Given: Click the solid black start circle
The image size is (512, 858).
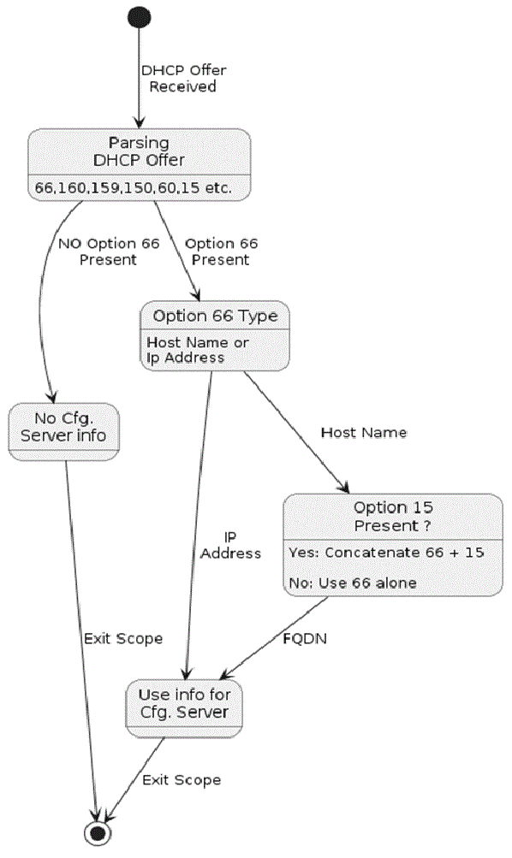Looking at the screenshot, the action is [139, 17].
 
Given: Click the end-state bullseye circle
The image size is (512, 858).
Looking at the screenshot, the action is [98, 833].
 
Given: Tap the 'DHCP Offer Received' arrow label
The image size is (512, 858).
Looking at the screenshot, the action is [183, 78].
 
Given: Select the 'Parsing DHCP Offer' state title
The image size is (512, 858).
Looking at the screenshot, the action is [139, 151].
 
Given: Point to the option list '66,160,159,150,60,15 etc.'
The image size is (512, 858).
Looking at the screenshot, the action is [134, 187].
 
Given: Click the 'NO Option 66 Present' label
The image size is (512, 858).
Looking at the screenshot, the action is [109, 251].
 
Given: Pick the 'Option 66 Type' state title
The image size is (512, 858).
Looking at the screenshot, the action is [215, 317].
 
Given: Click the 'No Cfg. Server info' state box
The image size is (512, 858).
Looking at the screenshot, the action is [63, 432].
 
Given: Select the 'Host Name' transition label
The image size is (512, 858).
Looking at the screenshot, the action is [364, 433].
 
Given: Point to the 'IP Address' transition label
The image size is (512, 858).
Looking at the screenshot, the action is [230, 546].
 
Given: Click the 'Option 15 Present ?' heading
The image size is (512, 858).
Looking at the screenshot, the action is [393, 517].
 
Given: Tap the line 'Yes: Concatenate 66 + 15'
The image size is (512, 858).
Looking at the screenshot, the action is [387, 553].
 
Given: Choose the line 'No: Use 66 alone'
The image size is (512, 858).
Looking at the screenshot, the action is [353, 583].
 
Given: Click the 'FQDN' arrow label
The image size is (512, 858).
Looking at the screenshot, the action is [305, 638].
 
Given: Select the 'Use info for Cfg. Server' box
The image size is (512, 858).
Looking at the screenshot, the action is [184, 708].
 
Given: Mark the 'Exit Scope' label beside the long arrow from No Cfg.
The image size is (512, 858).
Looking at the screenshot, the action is [123, 639].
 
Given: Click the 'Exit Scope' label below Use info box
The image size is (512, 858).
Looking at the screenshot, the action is [182, 780].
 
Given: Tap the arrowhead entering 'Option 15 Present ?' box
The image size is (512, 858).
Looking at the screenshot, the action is [343, 487].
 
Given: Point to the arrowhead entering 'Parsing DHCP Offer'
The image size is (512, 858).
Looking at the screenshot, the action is [139, 121].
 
